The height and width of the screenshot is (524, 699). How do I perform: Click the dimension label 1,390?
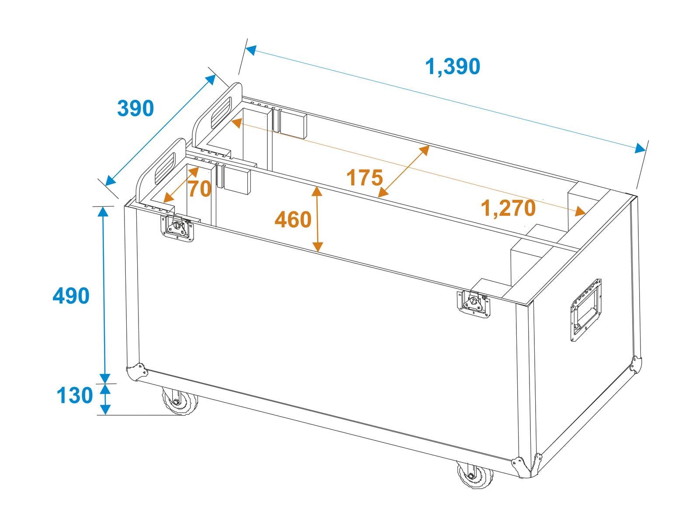pyautogui.click(x=453, y=66)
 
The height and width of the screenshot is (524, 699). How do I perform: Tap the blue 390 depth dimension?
pyautogui.click(x=136, y=108)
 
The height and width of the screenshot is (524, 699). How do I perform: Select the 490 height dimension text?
pyautogui.click(x=71, y=296)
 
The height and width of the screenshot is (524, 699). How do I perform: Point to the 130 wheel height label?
pyautogui.click(x=75, y=396)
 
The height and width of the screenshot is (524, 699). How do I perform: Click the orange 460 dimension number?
pyautogui.click(x=293, y=220)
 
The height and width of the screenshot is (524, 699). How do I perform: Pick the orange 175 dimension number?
pyautogui.click(x=364, y=178)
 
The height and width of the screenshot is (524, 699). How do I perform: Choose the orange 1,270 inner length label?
pyautogui.click(x=508, y=208)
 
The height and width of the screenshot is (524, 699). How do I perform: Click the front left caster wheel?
pyautogui.click(x=179, y=401)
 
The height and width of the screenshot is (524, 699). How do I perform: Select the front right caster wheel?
pyautogui.click(x=475, y=475)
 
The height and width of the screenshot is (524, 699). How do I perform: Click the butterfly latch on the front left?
pyautogui.click(x=177, y=228)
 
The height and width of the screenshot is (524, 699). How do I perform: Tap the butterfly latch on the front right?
pyautogui.click(x=474, y=304)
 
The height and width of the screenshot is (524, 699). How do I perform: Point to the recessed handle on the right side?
pyautogui.click(x=586, y=310)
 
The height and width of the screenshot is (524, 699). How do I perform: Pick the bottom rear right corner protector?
pyautogui.click(x=636, y=365)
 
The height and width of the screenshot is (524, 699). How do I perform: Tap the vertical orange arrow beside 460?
pyautogui.click(x=318, y=219)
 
